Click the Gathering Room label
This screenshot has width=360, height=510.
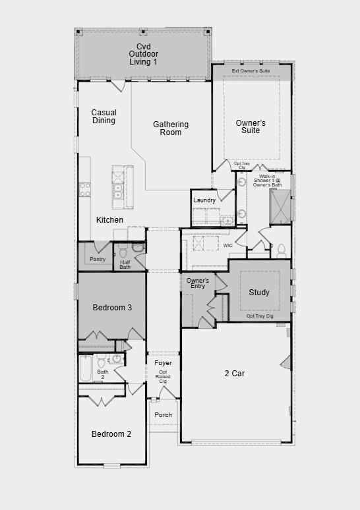coord(171,128)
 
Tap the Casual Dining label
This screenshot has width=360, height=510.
coord(104,117)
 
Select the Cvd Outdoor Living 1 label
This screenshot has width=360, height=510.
coord(143,54)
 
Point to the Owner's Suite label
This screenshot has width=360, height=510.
coord(251,127)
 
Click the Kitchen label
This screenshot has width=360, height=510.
coord(109,219)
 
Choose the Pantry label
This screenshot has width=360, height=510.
coord(98,259)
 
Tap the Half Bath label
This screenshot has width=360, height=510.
coord(125,264)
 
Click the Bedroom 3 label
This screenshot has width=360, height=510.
coord(112,308)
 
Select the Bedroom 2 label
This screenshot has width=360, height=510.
coord(111,434)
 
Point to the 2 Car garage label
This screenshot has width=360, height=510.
coord(235,374)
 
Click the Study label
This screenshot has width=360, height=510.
coord(259,292)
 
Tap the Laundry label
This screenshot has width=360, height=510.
coord(204,200)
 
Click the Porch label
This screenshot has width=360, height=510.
coord(163,414)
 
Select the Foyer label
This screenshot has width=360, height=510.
coord(163,363)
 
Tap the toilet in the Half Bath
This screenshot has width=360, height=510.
coord(138,248)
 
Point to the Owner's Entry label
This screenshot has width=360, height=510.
coord(197,283)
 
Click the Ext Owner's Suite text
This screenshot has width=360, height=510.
coord(251,71)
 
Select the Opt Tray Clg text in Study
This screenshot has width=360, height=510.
coord(260,316)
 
